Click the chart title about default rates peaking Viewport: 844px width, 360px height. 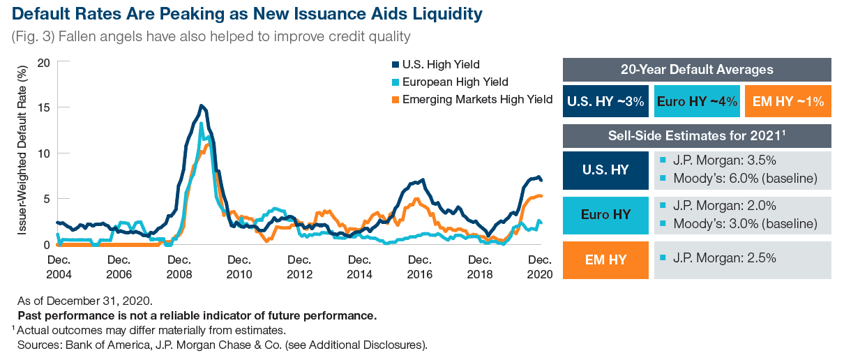(247, 14)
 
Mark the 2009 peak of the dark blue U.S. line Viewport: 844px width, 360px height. (201, 106)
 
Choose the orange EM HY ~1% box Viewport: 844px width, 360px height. (788, 101)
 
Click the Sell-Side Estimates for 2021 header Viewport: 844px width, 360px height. (696, 135)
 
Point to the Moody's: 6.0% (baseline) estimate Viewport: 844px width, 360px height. (744, 179)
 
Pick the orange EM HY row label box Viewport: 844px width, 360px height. (605, 260)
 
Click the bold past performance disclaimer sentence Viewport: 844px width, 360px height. (197, 316)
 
